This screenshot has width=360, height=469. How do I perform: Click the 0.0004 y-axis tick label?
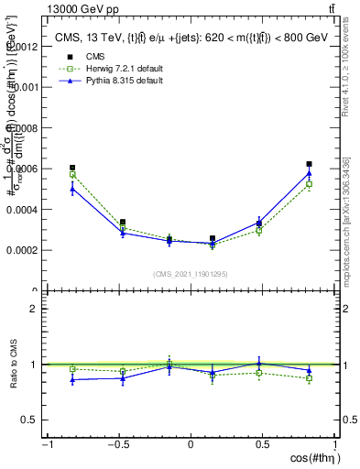(x=24, y=210)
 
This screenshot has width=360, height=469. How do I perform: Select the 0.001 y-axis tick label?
(x=27, y=88)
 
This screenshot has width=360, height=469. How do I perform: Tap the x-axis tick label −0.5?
(x=118, y=444)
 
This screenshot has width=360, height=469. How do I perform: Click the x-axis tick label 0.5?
(x=263, y=444)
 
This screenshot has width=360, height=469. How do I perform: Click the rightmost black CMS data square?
(x=310, y=164)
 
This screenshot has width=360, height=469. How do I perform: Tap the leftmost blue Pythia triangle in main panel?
(x=72, y=189)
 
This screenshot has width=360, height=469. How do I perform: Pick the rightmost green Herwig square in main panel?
(x=310, y=184)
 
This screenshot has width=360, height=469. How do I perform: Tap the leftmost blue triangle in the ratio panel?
(x=72, y=379)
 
